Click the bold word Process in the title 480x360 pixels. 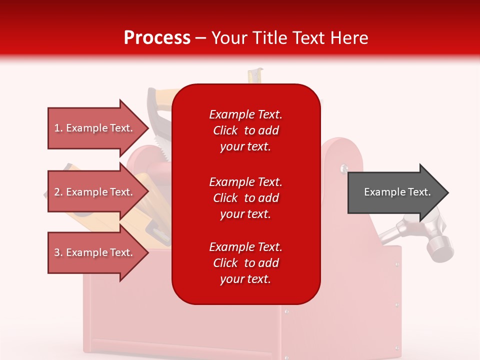pyautogui.click(x=157, y=37)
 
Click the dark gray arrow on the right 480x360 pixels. pyautogui.click(x=398, y=192)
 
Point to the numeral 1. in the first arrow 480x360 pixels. pyautogui.click(x=58, y=128)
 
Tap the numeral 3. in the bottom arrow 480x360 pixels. pyautogui.click(x=58, y=252)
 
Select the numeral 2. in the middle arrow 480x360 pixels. pyautogui.click(x=58, y=192)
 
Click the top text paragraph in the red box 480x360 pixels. pyautogui.click(x=246, y=130)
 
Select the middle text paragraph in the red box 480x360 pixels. pyautogui.click(x=246, y=198)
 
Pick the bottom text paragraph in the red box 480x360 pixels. pyautogui.click(x=246, y=263)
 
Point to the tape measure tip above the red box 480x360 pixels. pyautogui.click(x=255, y=75)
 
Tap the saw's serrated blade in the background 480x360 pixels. pyautogui.click(x=162, y=138)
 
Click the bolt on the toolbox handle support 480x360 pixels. pyautogui.click(x=344, y=168)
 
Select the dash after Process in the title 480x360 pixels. pyautogui.click(x=201, y=39)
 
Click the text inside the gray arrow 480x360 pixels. pyautogui.click(x=397, y=192)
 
